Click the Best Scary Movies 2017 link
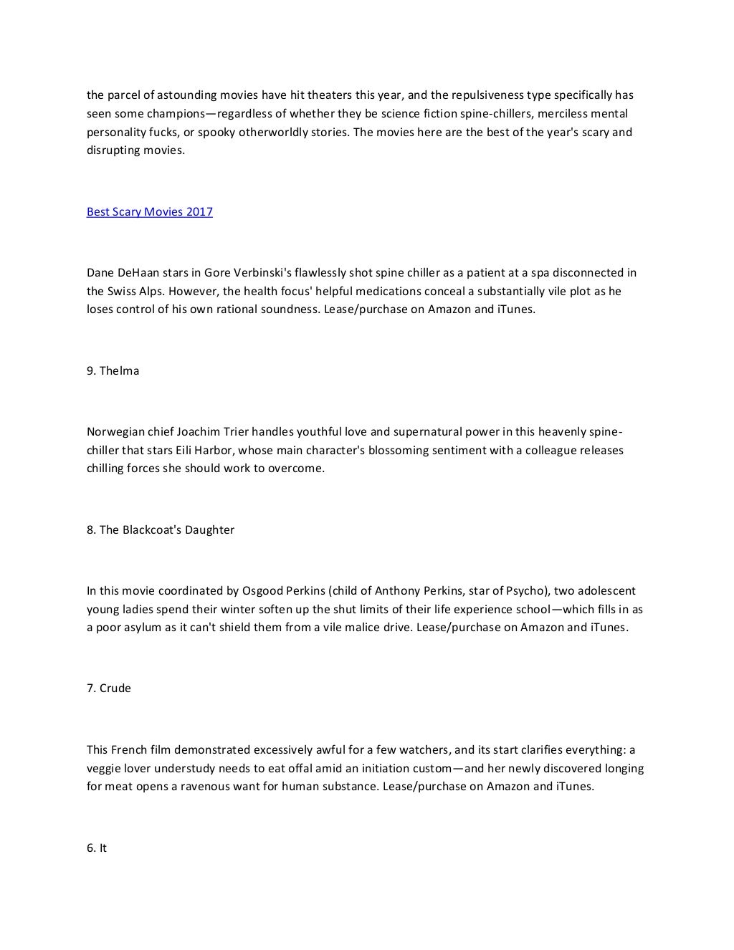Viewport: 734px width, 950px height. pyautogui.click(x=149, y=212)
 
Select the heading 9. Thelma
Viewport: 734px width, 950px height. pyautogui.click(x=113, y=371)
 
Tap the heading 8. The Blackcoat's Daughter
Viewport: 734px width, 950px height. pyautogui.click(x=160, y=530)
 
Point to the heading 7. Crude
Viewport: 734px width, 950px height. pyautogui.click(x=109, y=688)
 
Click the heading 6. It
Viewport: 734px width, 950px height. pyautogui.click(x=97, y=848)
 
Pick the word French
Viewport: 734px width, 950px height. pyautogui.click(x=130, y=750)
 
